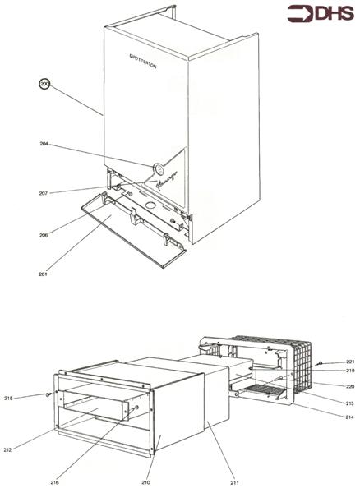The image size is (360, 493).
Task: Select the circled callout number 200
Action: (45, 84)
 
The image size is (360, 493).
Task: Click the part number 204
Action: (44, 145)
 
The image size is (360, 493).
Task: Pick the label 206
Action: (43, 236)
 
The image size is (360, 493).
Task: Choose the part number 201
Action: (42, 274)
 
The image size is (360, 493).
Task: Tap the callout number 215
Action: (31, 398)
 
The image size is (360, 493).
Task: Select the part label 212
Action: (30, 449)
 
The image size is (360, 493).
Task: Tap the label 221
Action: (349, 362)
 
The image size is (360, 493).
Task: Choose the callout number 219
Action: (349, 372)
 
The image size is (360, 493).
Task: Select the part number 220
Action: (349, 385)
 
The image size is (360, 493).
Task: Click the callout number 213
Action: (349, 403)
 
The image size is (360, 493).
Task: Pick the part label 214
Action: (349, 417)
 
